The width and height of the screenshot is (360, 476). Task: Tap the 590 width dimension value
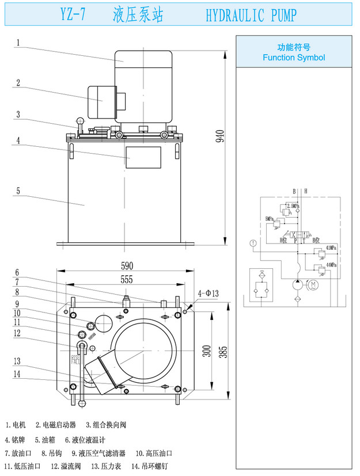coord(127,266)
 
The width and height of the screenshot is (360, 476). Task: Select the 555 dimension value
coord(127,279)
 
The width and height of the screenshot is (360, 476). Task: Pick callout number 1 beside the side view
coord(18,42)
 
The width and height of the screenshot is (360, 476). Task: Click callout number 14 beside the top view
coord(18,374)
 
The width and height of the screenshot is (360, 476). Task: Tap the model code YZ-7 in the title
coord(73,16)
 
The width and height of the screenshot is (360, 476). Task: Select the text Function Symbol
coord(294,58)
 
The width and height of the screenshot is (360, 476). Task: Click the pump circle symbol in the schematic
coord(297,284)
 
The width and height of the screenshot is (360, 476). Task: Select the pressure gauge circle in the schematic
coord(252,243)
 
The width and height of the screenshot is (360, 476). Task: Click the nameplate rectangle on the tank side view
coord(143,157)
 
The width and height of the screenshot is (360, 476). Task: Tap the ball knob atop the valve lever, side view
coord(79,121)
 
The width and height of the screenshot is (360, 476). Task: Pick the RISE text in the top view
coord(75,357)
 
